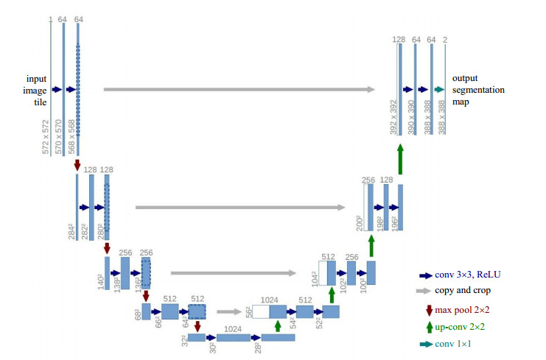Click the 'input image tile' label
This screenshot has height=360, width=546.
pos(36,90)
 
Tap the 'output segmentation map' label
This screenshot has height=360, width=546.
pos(478,90)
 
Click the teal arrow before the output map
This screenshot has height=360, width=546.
pos(438,90)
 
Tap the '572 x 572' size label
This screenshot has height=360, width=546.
pos(46,137)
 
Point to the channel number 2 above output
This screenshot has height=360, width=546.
pos(446,39)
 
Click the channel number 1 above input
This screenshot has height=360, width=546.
pos(51,18)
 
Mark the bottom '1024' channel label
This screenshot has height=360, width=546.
pos(233,328)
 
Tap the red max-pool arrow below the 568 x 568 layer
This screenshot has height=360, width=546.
pos(77,166)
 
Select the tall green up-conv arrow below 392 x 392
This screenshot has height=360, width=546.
pos(400,159)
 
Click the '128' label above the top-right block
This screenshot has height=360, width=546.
pos(399,39)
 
